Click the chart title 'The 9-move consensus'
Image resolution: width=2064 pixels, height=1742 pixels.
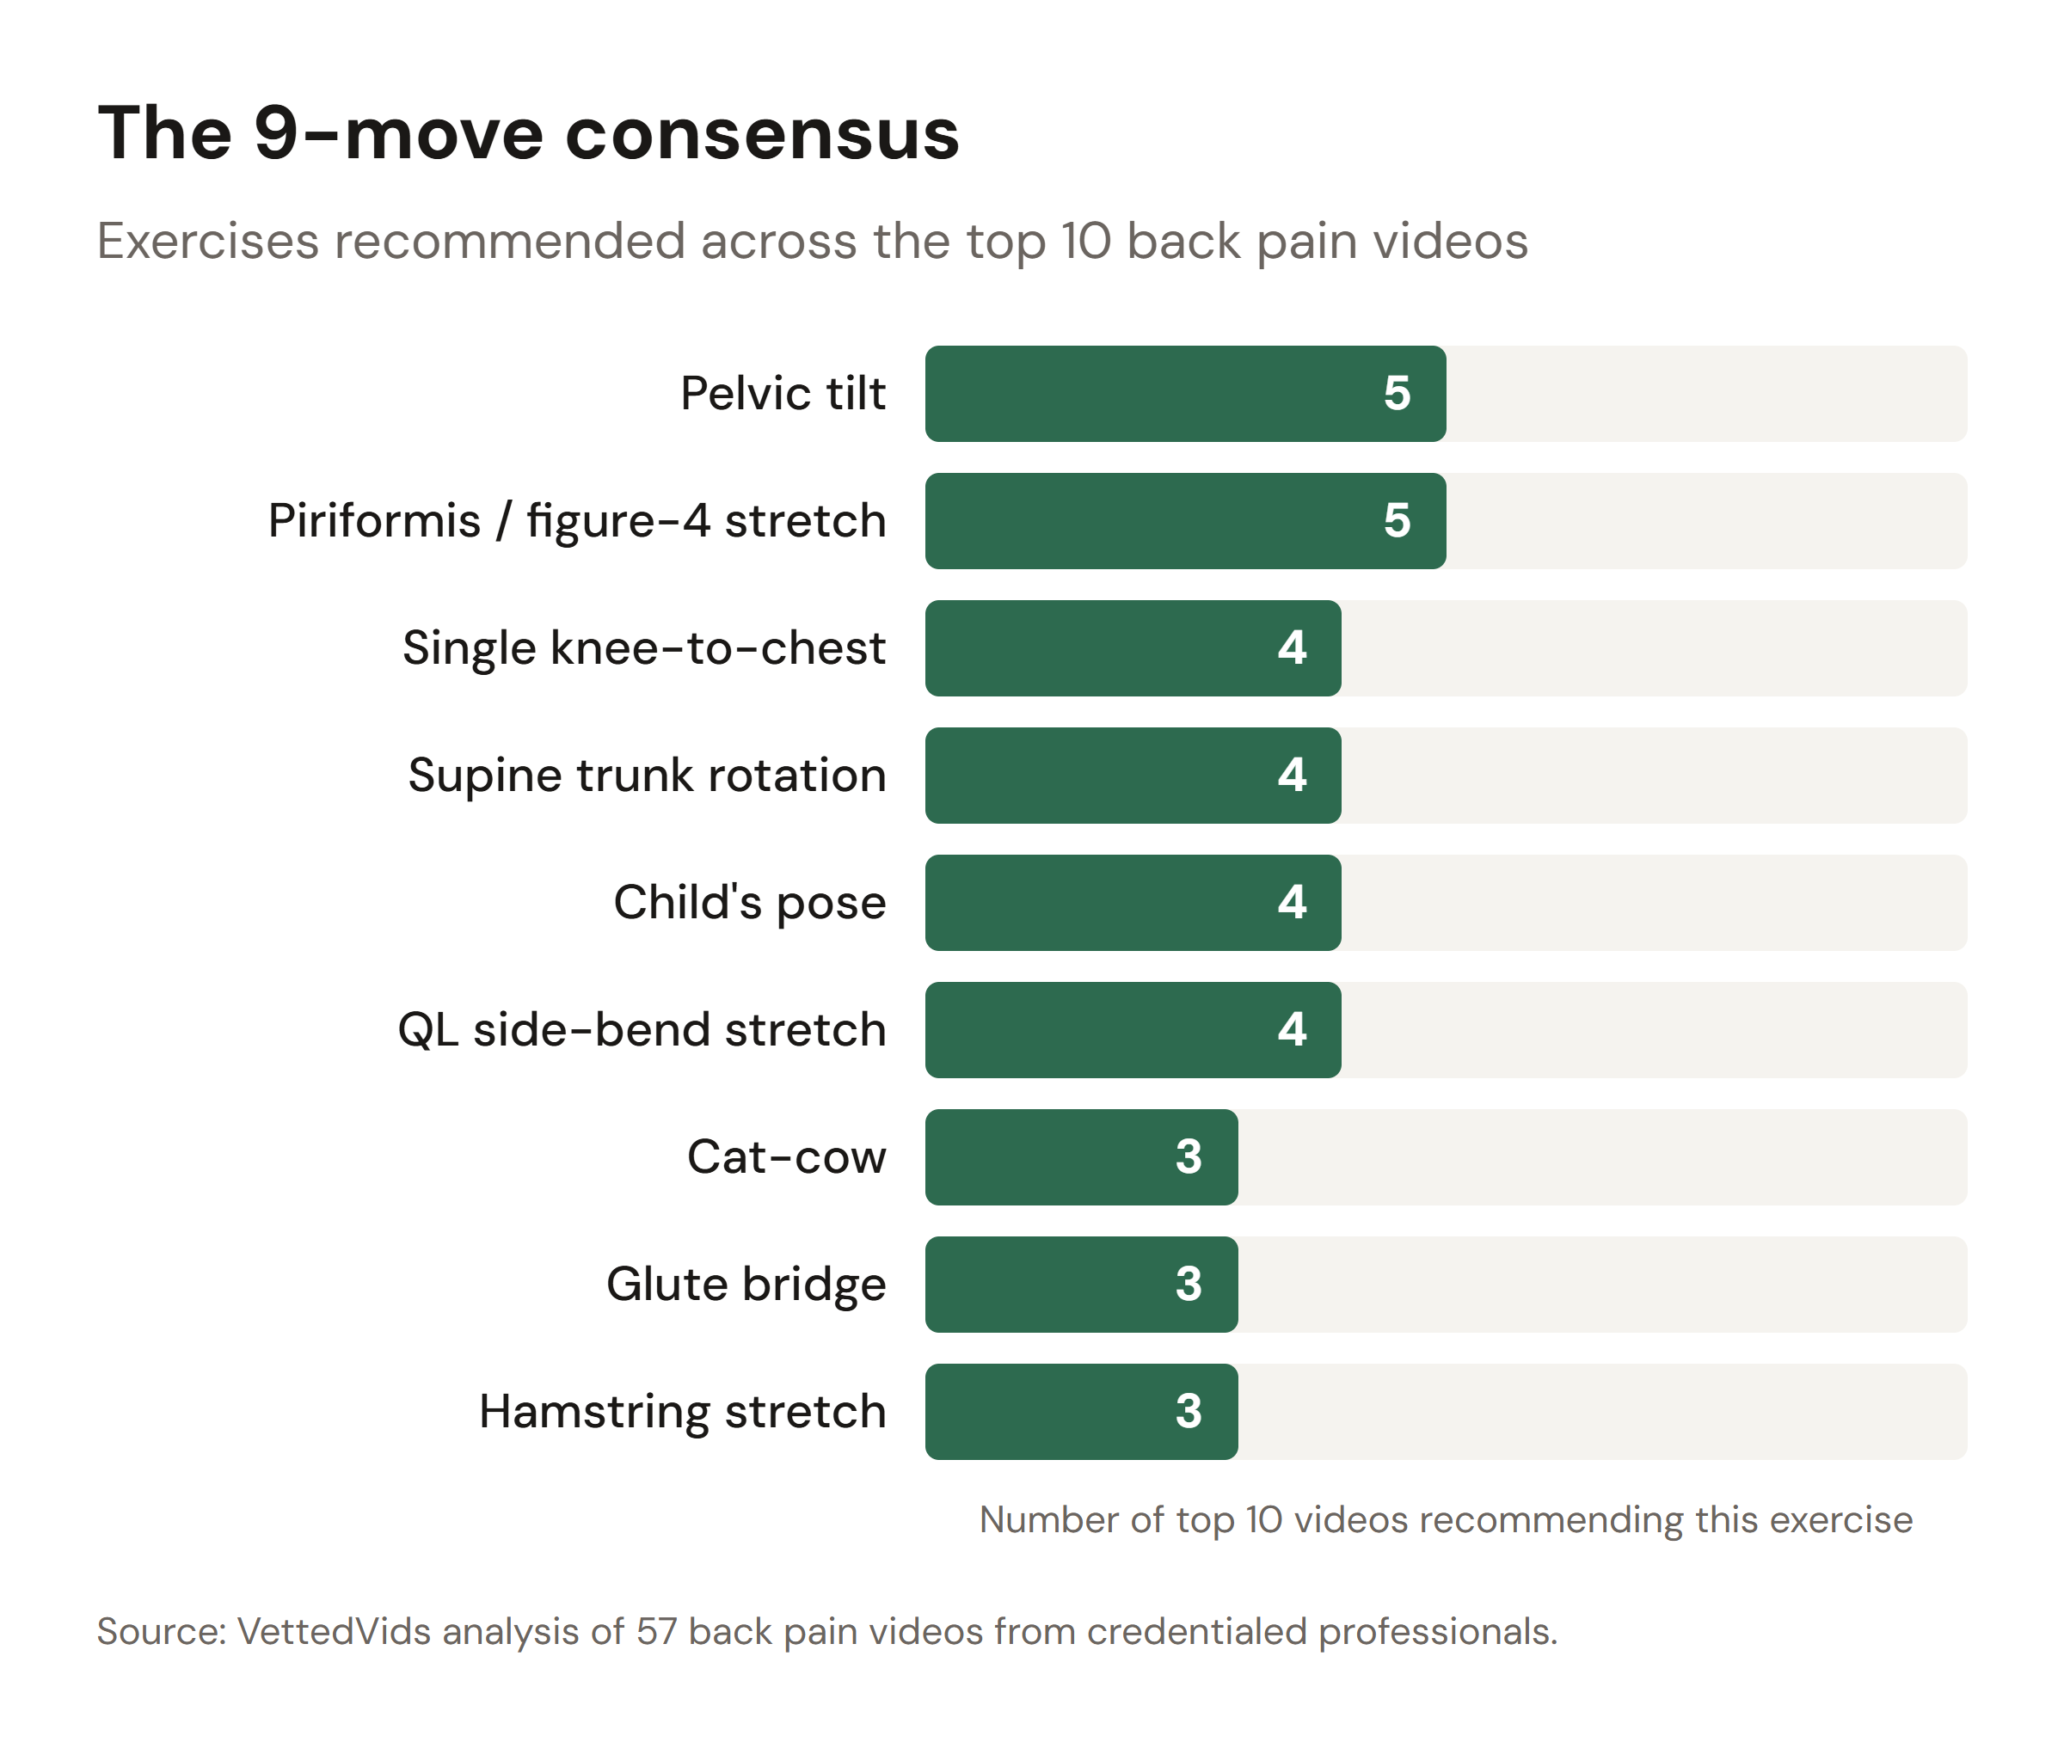[x=528, y=133]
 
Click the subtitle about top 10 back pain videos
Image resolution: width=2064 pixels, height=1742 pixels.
[x=812, y=241]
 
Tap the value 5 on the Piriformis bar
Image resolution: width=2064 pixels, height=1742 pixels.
[x=1396, y=520]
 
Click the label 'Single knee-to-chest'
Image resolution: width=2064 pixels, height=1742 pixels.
[x=644, y=647]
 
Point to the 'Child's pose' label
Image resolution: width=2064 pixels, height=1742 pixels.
[x=750, y=903]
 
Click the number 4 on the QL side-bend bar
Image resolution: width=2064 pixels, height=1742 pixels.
[x=1291, y=1030]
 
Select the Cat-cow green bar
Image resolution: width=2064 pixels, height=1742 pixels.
[x=1047, y=1156]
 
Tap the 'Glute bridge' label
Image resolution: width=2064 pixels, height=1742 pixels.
[x=746, y=1284]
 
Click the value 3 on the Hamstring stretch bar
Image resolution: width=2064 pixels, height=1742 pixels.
[x=1188, y=1411]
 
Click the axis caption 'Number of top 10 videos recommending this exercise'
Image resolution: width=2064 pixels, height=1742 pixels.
[x=1445, y=1518]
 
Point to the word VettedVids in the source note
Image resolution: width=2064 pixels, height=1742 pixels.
[x=334, y=1631]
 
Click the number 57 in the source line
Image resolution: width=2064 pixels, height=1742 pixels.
[x=655, y=1631]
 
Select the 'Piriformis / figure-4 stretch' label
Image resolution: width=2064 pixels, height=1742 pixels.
[x=577, y=520]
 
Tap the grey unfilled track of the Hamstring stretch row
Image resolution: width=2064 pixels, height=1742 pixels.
[x=1600, y=1411]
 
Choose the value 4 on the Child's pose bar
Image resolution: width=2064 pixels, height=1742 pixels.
[x=1291, y=903]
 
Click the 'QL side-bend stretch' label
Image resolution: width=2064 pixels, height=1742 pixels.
[x=642, y=1030]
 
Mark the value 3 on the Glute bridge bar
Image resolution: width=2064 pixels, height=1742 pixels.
[x=1188, y=1284]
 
